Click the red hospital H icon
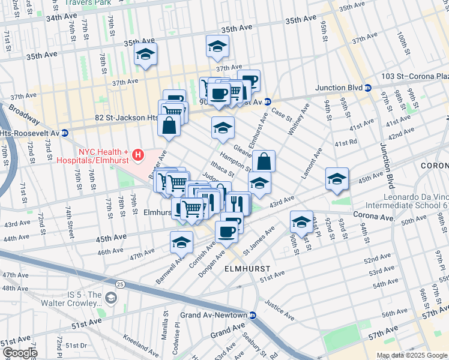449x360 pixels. point(139,155)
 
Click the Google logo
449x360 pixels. point(19,353)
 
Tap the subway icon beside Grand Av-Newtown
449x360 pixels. point(253,315)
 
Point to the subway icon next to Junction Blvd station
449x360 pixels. point(368,88)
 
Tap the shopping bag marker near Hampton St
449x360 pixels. point(264,161)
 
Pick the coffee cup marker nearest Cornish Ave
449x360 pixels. point(226,231)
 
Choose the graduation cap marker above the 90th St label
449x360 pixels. point(301,223)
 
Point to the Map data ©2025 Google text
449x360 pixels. point(412,355)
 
